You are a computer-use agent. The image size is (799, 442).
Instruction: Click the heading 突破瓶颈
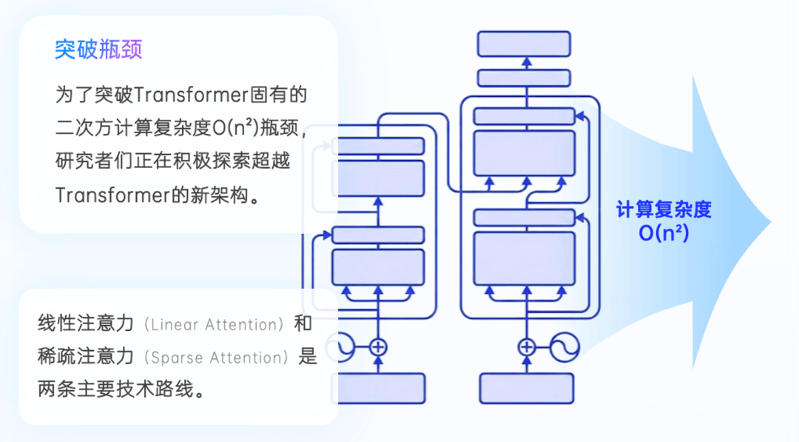(x=98, y=50)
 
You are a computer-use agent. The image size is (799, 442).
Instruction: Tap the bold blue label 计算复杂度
(x=664, y=210)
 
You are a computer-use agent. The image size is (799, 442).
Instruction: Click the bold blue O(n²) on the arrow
(x=664, y=233)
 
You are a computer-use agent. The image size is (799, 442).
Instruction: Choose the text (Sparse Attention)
(x=218, y=358)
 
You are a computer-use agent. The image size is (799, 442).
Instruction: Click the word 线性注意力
(x=86, y=324)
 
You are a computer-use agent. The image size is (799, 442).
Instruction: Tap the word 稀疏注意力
(x=86, y=358)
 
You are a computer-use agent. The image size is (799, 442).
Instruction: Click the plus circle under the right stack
(x=526, y=346)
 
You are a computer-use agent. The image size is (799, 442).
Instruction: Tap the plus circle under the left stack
(x=378, y=346)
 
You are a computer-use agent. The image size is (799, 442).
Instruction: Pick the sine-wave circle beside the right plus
(x=564, y=346)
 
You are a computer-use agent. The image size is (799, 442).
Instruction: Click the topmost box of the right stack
(x=524, y=44)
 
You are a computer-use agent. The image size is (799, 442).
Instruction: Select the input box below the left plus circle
(x=378, y=388)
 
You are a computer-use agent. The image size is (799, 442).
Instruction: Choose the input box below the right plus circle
(x=526, y=388)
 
